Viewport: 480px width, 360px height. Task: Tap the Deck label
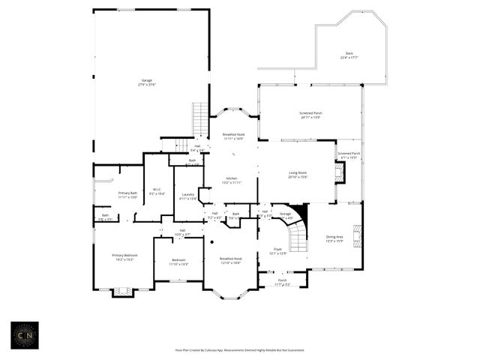(349, 55)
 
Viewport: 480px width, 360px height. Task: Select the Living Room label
(298, 175)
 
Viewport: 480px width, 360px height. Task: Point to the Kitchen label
(232, 180)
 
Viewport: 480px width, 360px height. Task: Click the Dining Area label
(334, 239)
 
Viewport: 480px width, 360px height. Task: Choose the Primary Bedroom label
(125, 257)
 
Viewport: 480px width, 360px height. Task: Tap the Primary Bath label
(128, 195)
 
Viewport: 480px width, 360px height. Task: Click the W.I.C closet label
(157, 191)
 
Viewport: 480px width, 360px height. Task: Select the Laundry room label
(188, 196)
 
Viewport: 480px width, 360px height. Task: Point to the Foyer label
(277, 251)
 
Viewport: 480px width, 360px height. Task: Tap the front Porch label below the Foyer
(281, 283)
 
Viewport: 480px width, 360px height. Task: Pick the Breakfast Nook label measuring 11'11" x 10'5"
(233, 136)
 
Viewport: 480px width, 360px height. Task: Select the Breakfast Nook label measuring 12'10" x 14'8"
(230, 260)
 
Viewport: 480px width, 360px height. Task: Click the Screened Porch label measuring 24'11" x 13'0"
(310, 115)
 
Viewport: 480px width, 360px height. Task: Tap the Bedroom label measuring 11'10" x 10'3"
(178, 262)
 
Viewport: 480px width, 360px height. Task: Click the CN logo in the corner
(23, 334)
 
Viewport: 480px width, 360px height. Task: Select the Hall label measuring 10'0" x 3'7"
(182, 232)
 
